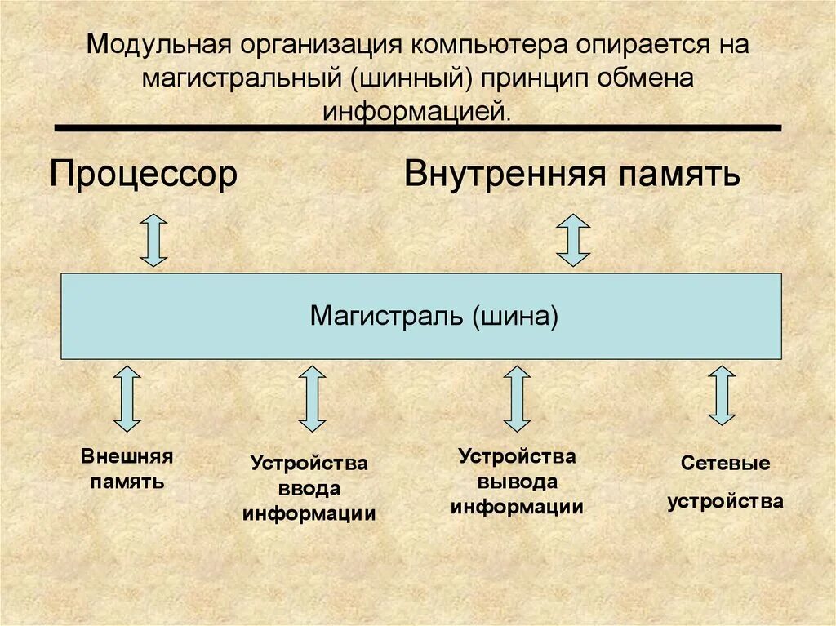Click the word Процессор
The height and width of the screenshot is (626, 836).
point(144,175)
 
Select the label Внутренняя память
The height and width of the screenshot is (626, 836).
point(572,175)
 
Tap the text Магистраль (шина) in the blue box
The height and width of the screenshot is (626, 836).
point(434,316)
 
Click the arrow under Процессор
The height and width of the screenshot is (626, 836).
point(153,240)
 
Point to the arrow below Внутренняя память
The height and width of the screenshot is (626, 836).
point(573,240)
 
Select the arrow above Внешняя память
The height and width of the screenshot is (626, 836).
point(127,398)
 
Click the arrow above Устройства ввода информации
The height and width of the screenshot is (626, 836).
point(312,398)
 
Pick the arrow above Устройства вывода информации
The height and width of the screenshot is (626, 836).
point(516,398)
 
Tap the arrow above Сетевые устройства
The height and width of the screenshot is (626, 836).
point(722,396)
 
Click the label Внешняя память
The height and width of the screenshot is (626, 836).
point(127,468)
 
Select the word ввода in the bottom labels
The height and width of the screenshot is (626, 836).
point(309,489)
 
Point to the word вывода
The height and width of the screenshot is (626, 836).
point(517,482)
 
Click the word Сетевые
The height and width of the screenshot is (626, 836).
point(726,464)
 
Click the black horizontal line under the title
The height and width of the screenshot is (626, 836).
point(417,128)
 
